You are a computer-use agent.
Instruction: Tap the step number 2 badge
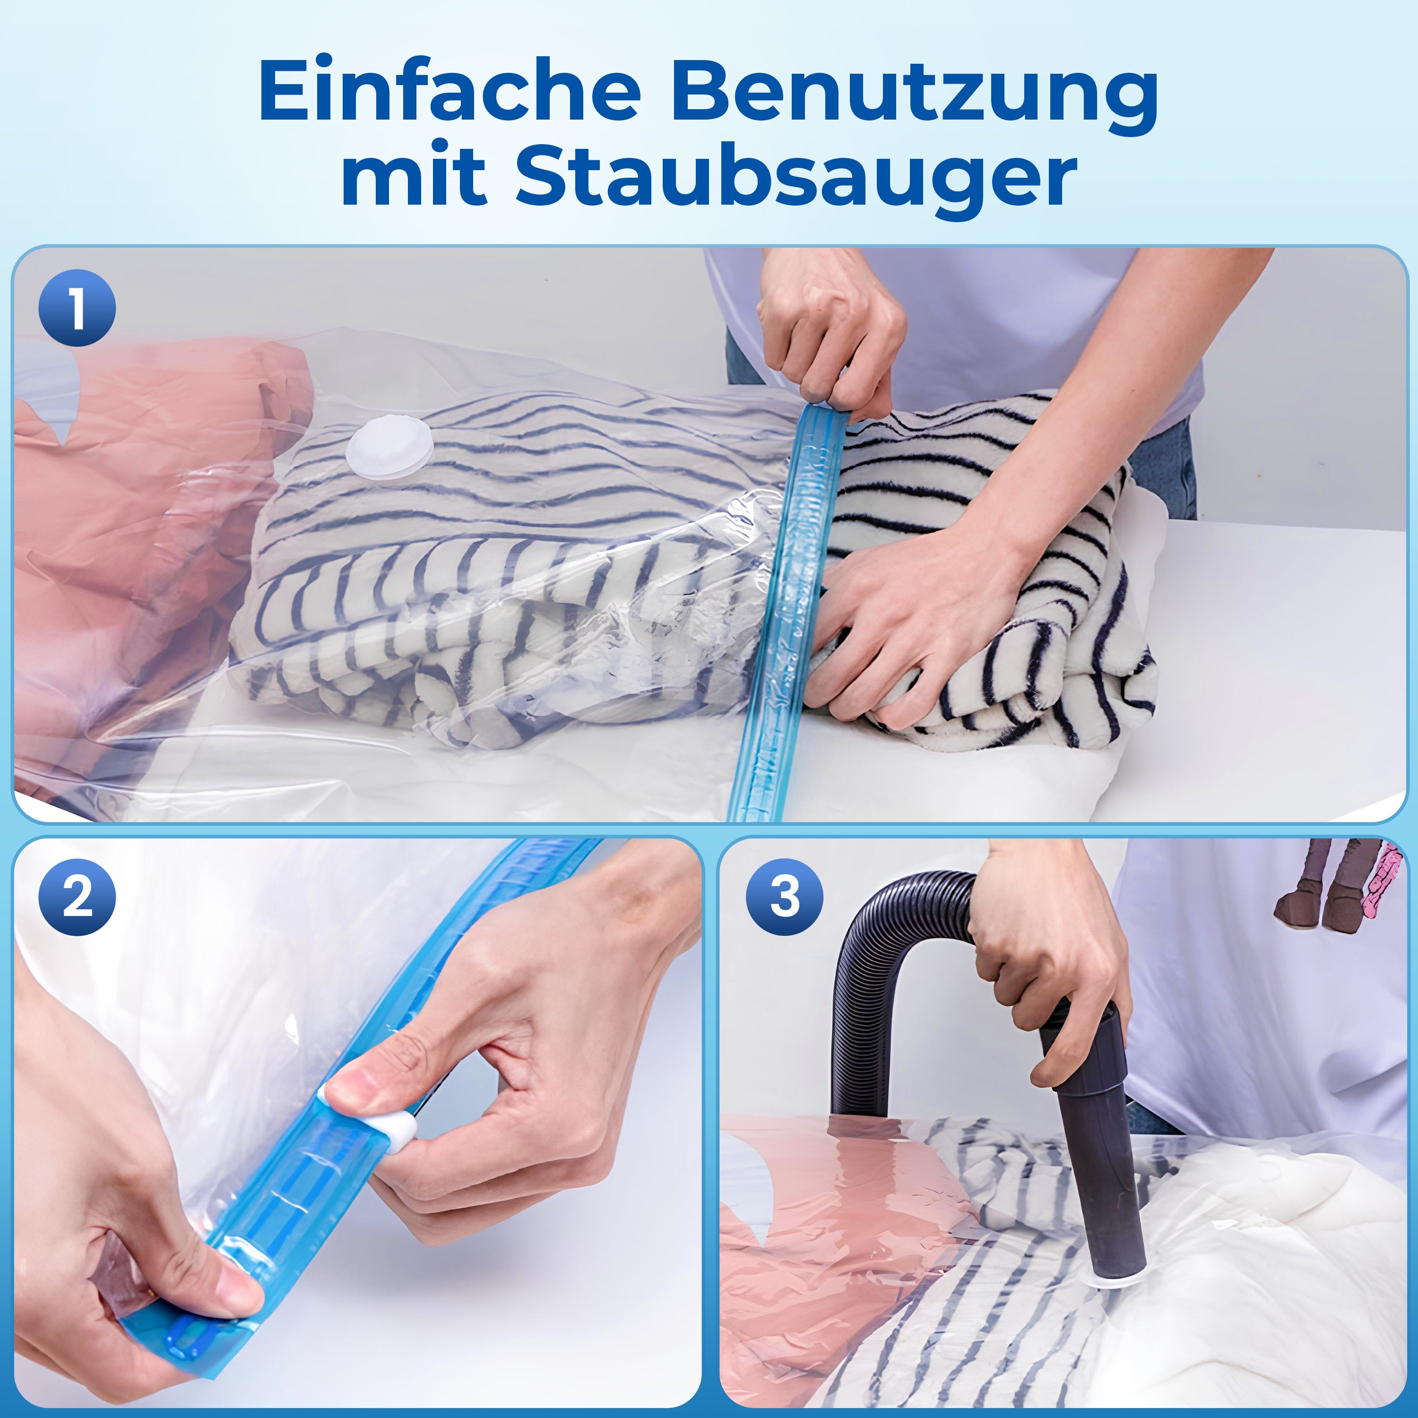(x=77, y=897)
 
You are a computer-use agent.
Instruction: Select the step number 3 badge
(x=785, y=897)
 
